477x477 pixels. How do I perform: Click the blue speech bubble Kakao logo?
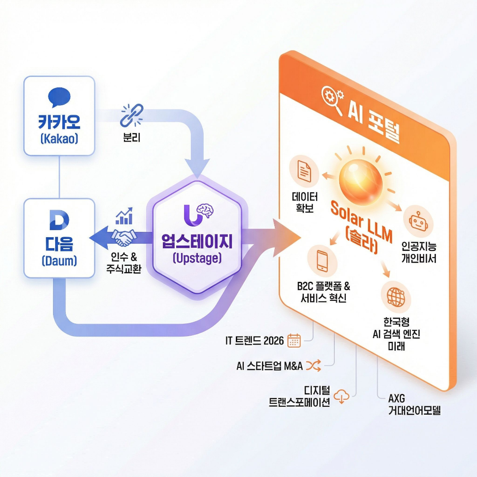coord(59,97)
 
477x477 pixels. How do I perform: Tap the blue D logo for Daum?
coord(59,220)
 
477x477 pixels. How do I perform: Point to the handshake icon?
coord(124,238)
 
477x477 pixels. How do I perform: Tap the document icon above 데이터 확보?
coord(304,171)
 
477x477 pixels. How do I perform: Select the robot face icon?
coord(418,221)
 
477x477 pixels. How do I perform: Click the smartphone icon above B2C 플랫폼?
coord(322,261)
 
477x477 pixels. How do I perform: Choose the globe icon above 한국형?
coord(396,297)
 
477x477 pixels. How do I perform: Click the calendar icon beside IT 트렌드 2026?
coord(294,340)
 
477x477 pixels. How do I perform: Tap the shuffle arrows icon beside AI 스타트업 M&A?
coord(313,365)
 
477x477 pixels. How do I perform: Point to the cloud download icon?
coord(341,396)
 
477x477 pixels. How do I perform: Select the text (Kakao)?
coord(59,139)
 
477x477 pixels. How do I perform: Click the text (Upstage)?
coord(197,258)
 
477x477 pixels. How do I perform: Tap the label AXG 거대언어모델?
coord(414,404)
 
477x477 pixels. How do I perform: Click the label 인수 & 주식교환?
coord(124,263)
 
